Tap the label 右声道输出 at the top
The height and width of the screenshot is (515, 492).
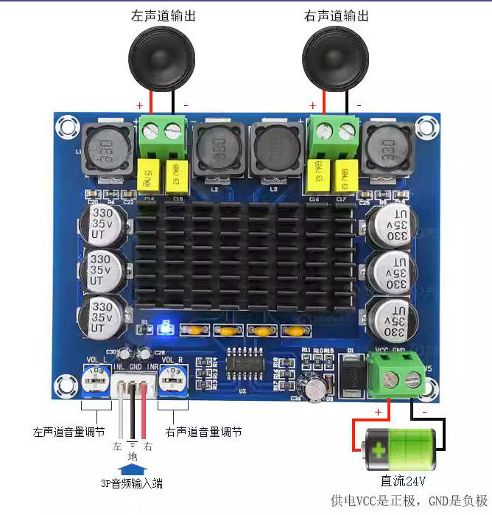pyautogui.click(x=336, y=15)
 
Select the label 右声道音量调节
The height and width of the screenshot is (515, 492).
pyautogui.click(x=203, y=431)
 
